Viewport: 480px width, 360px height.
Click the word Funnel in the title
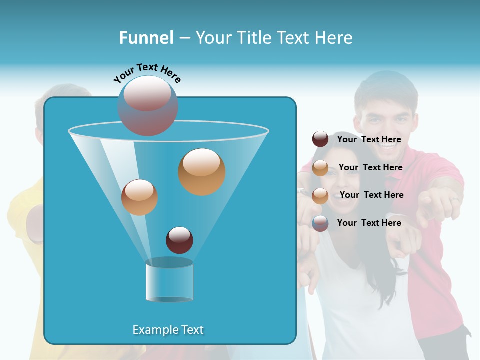pos(146,38)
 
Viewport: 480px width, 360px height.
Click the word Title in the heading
pos(253,38)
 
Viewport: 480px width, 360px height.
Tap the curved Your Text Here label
pos(147,72)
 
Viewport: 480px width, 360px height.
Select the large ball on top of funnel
pos(147,105)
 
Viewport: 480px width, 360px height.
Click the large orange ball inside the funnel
pos(201,171)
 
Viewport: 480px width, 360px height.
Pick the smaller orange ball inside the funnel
pos(139,197)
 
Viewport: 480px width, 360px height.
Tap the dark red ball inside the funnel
pos(179,240)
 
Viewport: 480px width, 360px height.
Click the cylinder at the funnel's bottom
pos(169,280)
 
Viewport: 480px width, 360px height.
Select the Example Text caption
pos(168,330)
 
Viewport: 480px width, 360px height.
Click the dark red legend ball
pos(320,139)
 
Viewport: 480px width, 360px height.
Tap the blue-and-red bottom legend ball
pos(320,223)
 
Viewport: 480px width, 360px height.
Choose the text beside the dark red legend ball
pos(369,139)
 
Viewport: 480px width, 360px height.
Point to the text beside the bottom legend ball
pos(369,223)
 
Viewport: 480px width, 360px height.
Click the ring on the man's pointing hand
pos(454,200)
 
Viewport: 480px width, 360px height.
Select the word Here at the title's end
pos(335,38)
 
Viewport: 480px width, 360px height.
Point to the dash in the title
pos(184,38)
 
